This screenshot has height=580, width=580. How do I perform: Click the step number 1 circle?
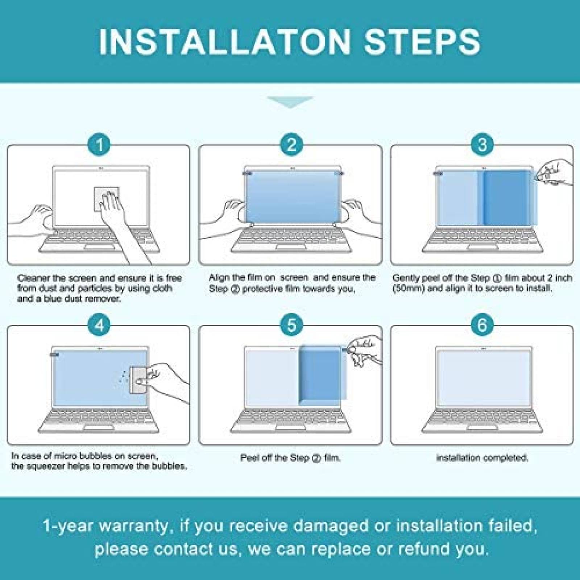tap(100, 145)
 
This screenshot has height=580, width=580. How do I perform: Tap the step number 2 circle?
tap(291, 145)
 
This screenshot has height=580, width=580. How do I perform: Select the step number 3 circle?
tap(482, 145)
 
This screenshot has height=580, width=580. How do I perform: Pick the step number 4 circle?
tap(100, 325)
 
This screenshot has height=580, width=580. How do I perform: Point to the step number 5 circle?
tap(291, 325)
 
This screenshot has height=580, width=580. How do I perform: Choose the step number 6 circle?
tap(482, 325)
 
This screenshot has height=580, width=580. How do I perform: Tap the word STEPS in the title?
tap(423, 42)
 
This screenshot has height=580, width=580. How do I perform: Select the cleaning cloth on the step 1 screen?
tap(106, 199)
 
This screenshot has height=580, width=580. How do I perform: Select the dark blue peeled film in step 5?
tap(319, 375)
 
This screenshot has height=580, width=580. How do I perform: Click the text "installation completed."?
tap(482, 458)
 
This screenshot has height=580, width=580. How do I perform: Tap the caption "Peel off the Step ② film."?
tap(291, 458)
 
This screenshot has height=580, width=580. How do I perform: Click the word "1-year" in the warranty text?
tap(69, 526)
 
